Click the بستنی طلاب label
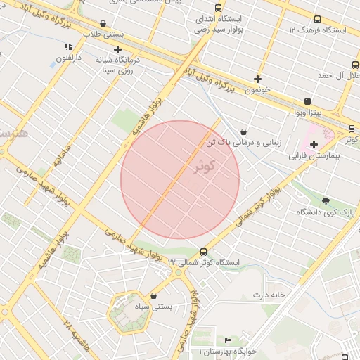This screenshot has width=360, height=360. [x=103, y=34]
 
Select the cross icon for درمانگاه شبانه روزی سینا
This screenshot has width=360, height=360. [x=117, y=50]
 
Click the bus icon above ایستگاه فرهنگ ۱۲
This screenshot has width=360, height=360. [x=317, y=20]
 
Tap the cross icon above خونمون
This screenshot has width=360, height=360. [x=258, y=79]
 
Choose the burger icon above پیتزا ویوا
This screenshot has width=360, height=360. [x=307, y=101]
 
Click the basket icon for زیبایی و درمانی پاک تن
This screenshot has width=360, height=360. [x=243, y=131]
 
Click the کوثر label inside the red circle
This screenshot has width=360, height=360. [x=204, y=166]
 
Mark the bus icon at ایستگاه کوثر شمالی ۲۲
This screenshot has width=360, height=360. [x=204, y=252]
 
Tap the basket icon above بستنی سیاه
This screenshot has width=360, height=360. [x=154, y=296]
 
